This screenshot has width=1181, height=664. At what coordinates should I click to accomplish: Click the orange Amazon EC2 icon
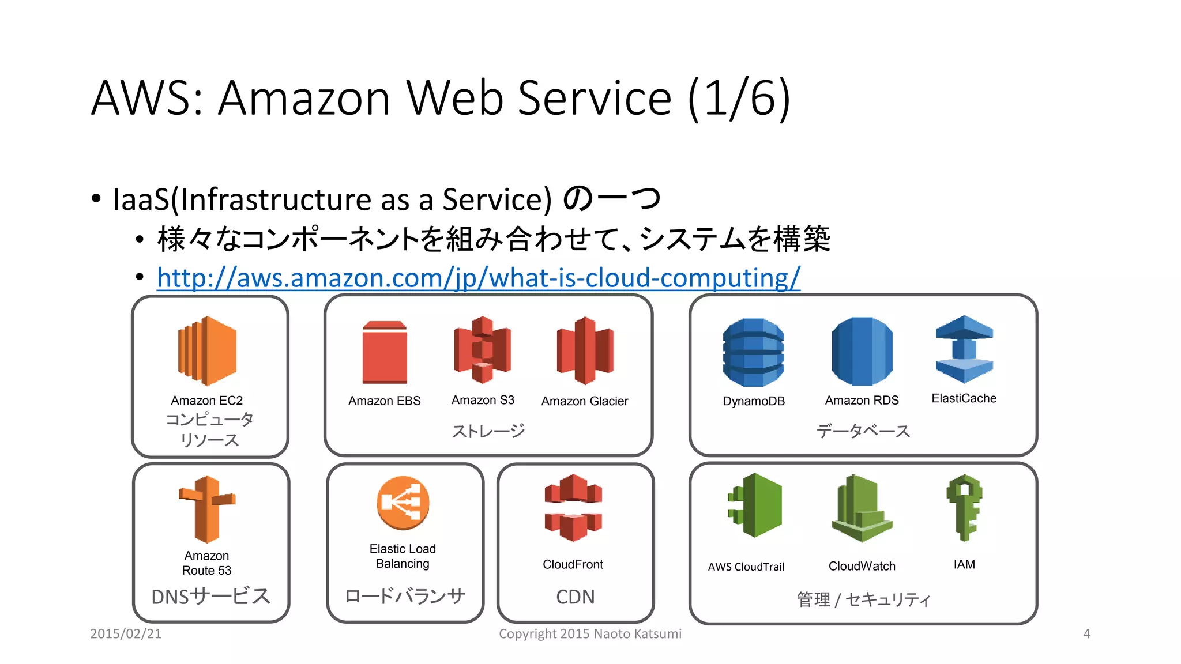coord(207,350)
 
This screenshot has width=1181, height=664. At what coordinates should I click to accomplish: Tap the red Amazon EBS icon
coord(385,352)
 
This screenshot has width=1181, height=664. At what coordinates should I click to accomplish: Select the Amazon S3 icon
coord(483,349)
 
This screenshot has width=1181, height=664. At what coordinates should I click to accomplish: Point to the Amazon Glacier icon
coord(585,350)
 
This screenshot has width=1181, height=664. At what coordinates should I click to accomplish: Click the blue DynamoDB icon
coord(753,352)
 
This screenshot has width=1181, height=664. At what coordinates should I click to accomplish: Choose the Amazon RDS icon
coord(862,351)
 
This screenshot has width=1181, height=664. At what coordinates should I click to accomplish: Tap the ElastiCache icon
coord(964,349)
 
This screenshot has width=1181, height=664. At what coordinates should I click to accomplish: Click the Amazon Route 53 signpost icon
coord(207,509)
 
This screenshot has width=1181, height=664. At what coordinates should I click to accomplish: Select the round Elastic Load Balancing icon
coord(403,503)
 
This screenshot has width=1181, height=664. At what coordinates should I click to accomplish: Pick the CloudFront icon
coord(573,508)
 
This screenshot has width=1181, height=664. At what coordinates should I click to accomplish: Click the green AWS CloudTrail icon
coord(755,505)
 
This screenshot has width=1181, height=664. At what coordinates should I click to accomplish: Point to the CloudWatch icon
coord(862,508)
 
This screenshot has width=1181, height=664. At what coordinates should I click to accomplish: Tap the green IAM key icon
coord(964,507)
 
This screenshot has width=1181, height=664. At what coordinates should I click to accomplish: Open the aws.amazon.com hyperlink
coord(478,278)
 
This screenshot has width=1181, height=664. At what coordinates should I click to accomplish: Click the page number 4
coord(1086,633)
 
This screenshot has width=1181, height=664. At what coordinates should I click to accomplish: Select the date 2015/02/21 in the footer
coord(126,633)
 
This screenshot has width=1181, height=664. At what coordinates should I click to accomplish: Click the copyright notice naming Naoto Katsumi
coord(589,633)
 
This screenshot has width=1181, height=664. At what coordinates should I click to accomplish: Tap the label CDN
coord(575,597)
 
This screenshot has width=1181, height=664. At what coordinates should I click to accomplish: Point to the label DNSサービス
coord(210,596)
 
